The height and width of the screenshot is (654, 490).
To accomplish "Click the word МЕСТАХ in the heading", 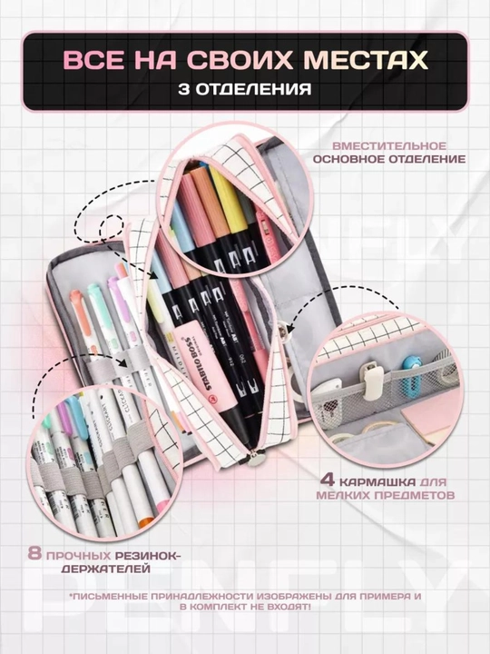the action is point(366,60).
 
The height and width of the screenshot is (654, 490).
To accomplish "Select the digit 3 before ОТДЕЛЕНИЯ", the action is point(183,89).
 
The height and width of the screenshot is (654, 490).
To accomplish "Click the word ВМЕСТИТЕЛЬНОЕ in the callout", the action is point(388,146).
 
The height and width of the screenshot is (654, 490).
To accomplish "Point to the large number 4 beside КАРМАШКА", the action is point(327,481).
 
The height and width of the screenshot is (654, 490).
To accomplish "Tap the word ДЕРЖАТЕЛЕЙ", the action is point(105,569).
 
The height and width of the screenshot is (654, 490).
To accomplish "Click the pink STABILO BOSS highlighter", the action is point(205,361).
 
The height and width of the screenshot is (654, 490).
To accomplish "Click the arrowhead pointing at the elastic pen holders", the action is point(122,362).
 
